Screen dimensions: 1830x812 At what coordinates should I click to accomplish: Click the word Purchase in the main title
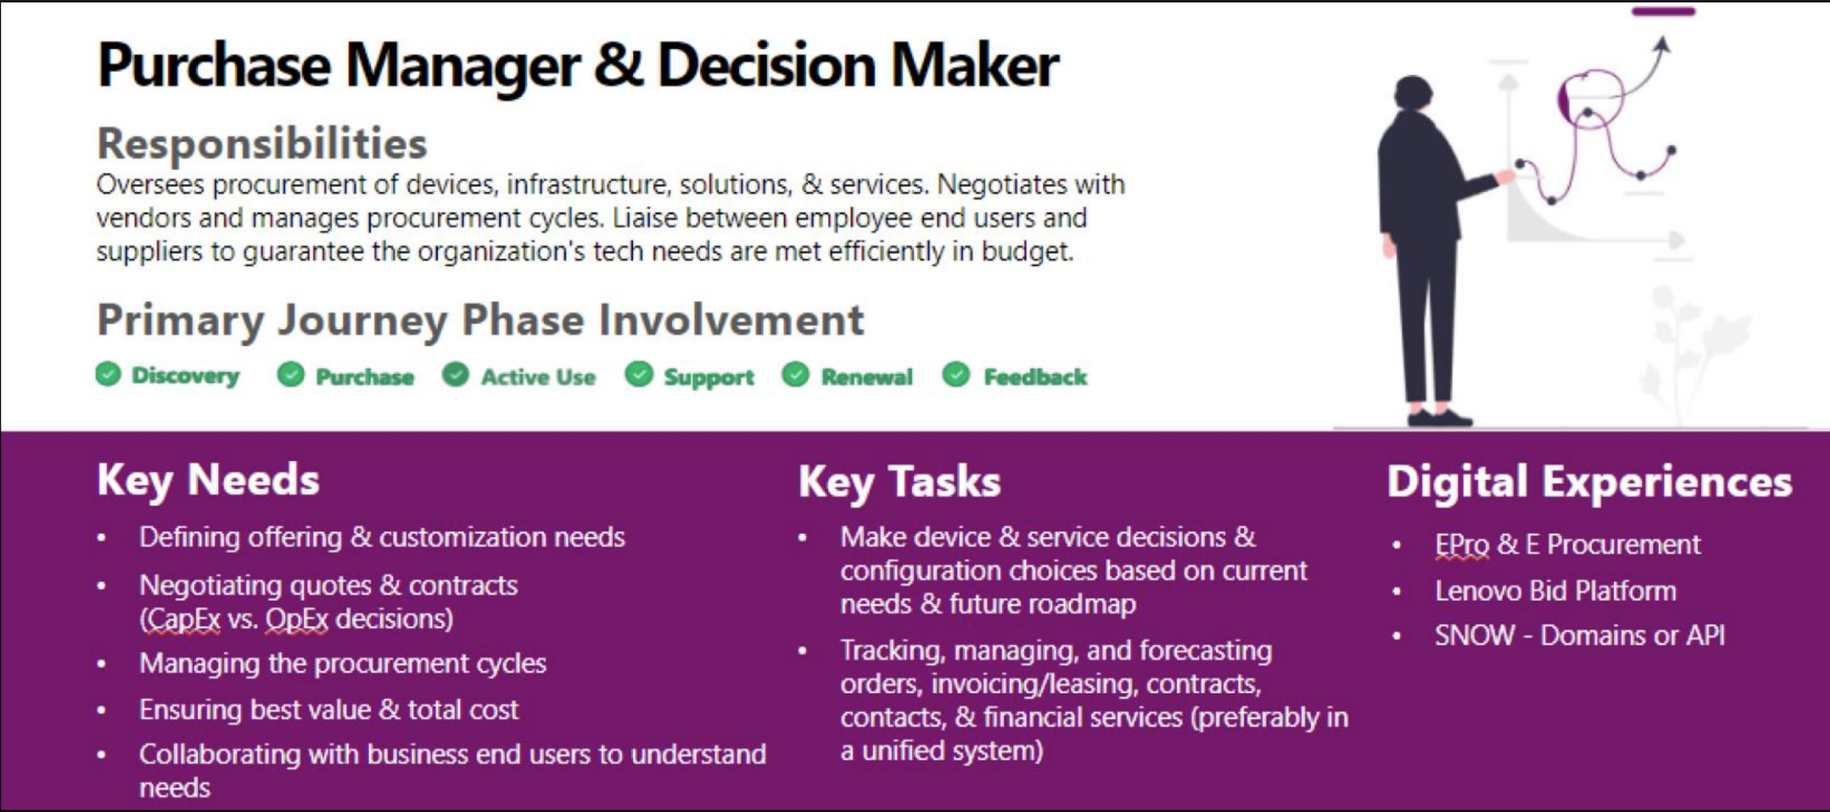coord(213,66)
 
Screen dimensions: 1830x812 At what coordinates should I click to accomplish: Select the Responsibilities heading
coord(262,143)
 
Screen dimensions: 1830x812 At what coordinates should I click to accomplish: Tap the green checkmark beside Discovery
coord(108,374)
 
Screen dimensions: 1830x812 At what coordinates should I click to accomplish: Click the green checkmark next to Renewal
coord(796,375)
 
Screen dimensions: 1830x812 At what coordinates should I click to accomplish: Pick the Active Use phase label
coord(538,377)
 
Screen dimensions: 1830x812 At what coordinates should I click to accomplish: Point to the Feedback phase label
coord(1035,377)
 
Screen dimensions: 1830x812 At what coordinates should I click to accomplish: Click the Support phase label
coord(709,378)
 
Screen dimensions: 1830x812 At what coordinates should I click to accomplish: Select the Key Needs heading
coord(209,480)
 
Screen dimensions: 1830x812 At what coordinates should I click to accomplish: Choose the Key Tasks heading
coord(899,482)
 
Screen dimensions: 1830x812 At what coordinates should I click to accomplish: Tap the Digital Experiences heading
coord(1589,482)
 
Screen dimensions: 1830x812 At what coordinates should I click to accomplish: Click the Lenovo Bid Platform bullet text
coord(1555,591)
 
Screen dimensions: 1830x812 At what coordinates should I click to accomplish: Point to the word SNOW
coord(1474,635)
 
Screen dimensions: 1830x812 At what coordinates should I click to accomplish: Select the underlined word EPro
coord(1462,545)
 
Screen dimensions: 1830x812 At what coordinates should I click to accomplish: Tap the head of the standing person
coord(1413,93)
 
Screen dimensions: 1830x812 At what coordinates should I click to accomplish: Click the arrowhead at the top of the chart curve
coord(1661,44)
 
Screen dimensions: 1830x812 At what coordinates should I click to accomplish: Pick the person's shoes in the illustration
coord(1440,417)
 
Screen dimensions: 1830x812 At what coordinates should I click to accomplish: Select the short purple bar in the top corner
coord(1663,11)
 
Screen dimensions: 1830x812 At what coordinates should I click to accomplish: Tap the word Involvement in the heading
coord(731,320)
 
